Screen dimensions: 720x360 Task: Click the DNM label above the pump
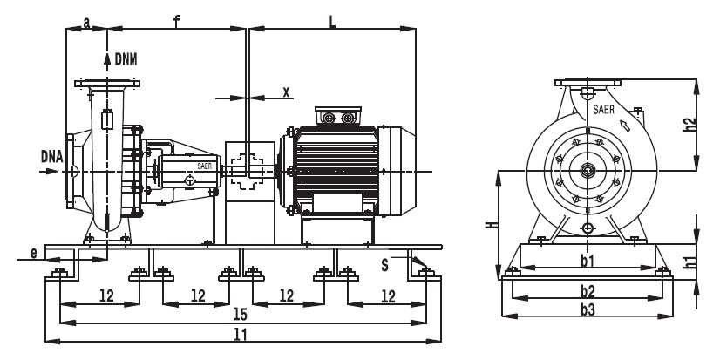click(126, 59)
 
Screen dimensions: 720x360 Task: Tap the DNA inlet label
click(52, 157)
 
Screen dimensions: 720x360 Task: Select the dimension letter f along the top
click(176, 21)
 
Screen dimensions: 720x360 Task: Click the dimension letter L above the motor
click(332, 22)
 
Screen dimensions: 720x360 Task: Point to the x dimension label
click(287, 92)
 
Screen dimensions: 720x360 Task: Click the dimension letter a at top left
click(86, 22)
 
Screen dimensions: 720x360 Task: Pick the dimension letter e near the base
click(34, 253)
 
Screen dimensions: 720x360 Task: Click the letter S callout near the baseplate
click(384, 265)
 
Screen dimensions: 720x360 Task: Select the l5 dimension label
click(241, 314)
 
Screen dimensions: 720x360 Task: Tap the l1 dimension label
click(241, 335)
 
